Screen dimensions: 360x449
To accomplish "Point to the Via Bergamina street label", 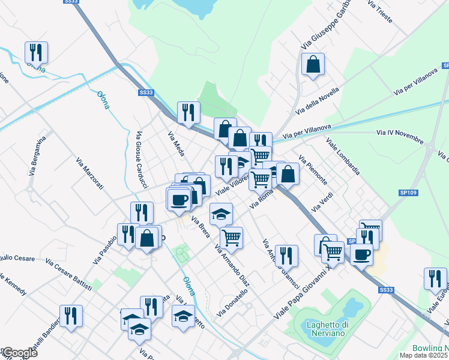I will pos(38,155).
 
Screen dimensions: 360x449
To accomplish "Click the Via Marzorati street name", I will pos(90,174).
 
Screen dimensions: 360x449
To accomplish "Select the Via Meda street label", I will pos(176,144).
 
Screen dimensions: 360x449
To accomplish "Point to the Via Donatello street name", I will pos(232,302).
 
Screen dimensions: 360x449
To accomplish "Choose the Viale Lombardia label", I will pos(343,157).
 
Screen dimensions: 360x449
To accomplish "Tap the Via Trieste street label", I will pos(379,12).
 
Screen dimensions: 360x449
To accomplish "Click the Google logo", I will pos(19,353).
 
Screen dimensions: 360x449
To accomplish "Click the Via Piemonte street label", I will pos(313,170).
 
